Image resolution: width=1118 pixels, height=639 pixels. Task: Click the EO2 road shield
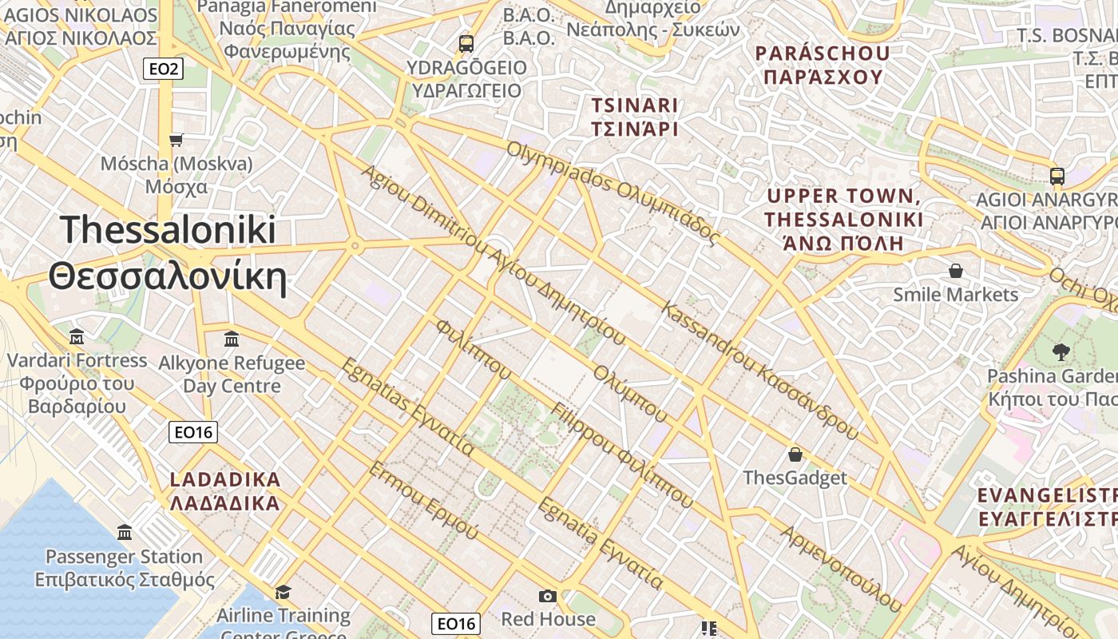164,69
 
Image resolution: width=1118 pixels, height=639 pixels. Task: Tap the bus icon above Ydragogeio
466,43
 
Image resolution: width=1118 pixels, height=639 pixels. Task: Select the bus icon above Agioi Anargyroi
1057,176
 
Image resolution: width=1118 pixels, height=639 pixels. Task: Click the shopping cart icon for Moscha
176,140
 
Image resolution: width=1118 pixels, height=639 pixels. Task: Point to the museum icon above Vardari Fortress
77,336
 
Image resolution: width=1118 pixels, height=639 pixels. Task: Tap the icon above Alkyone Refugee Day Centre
232,339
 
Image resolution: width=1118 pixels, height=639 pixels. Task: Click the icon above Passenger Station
125,532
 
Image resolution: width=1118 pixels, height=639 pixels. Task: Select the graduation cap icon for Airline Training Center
283,592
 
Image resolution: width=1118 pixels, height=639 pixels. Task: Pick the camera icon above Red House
547,596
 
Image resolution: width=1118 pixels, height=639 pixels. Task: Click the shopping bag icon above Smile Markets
955,271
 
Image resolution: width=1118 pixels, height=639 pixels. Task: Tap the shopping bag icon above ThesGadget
795,454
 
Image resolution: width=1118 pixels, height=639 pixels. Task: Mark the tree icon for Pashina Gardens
1061,351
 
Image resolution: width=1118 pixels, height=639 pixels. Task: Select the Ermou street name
422,499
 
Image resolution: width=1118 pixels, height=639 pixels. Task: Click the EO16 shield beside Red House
457,623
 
